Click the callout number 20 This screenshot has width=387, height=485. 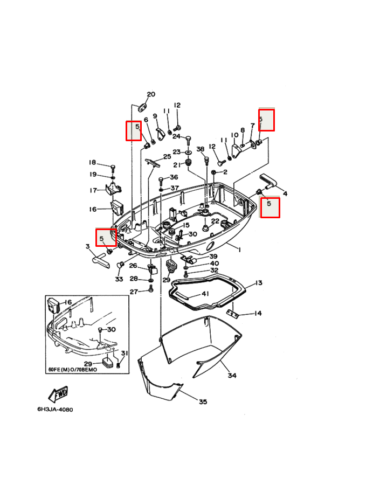click(x=151, y=94)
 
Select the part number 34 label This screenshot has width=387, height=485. click(x=232, y=375)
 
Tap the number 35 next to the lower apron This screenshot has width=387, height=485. click(x=203, y=401)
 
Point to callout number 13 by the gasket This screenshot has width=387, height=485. click(x=259, y=282)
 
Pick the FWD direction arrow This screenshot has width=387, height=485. click(x=58, y=394)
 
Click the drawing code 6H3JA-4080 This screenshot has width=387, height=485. click(x=55, y=410)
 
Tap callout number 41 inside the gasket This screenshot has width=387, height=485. click(x=205, y=294)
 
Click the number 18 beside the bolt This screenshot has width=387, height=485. click(x=92, y=163)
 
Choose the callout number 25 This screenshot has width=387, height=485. click(x=167, y=156)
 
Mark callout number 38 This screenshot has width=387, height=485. click(x=200, y=149)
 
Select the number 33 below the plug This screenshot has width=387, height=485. click(x=119, y=279)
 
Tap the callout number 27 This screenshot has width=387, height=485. click(x=133, y=292)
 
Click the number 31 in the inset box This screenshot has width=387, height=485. click(x=125, y=353)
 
